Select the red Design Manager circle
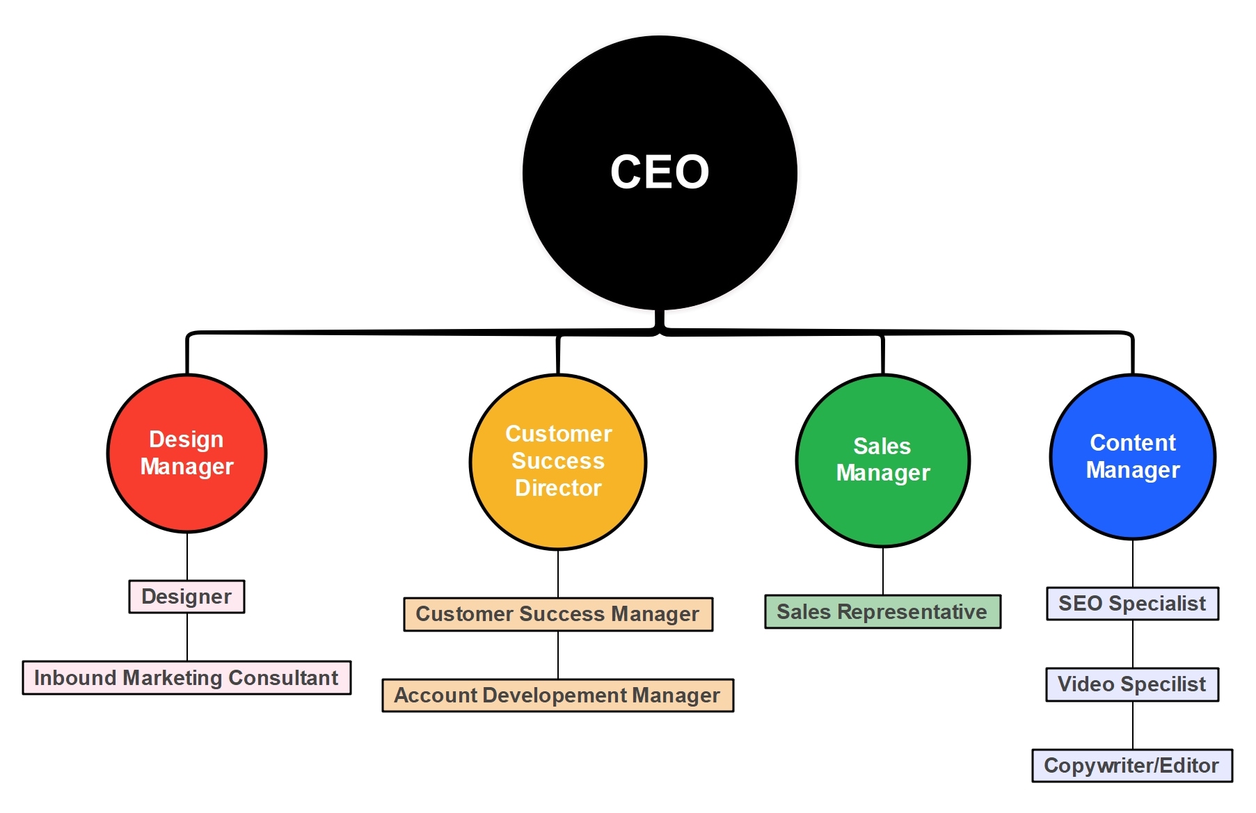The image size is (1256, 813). (x=186, y=501)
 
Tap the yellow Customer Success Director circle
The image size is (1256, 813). (x=558, y=522)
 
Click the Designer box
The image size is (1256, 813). (x=186, y=597)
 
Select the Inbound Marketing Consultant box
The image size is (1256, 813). (x=186, y=678)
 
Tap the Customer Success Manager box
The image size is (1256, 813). (x=558, y=614)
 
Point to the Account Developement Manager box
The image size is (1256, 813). (x=558, y=695)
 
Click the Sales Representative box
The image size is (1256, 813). (x=882, y=612)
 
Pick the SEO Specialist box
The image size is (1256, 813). (x=1132, y=604)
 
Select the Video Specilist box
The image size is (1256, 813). (x=1132, y=684)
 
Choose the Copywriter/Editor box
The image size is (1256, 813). (x=1132, y=766)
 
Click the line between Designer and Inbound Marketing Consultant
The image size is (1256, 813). (x=187, y=637)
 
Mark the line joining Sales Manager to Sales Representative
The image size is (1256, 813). (x=883, y=571)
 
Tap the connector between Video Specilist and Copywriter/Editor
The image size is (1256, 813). (x=1133, y=725)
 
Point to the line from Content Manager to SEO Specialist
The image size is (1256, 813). (x=1133, y=563)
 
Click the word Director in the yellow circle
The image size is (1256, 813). (x=558, y=488)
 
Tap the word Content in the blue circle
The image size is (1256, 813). (x=1132, y=443)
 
